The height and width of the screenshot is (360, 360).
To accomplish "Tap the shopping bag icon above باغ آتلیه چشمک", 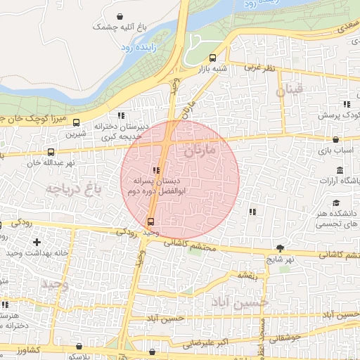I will click(x=121, y=15).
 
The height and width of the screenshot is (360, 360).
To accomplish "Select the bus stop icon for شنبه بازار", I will click(x=213, y=58).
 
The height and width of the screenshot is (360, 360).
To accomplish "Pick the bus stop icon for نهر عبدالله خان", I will click(x=51, y=152).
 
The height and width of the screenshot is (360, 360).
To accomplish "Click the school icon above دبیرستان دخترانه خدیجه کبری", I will click(x=122, y=115).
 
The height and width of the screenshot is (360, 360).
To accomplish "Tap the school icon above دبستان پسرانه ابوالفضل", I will click(x=155, y=170).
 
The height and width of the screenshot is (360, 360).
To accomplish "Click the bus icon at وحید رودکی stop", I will click(x=150, y=221).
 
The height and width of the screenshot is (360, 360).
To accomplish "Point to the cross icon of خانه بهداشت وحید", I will click(x=37, y=242).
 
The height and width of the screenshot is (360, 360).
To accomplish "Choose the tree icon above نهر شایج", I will click(x=281, y=248).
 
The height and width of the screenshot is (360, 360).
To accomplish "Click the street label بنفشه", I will click(x=247, y=275).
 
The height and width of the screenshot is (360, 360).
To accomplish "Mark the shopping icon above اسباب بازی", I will click(x=336, y=140).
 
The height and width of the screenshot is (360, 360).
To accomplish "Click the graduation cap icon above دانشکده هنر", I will click(x=340, y=170).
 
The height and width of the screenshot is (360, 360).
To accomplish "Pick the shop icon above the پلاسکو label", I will click(x=79, y=346).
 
